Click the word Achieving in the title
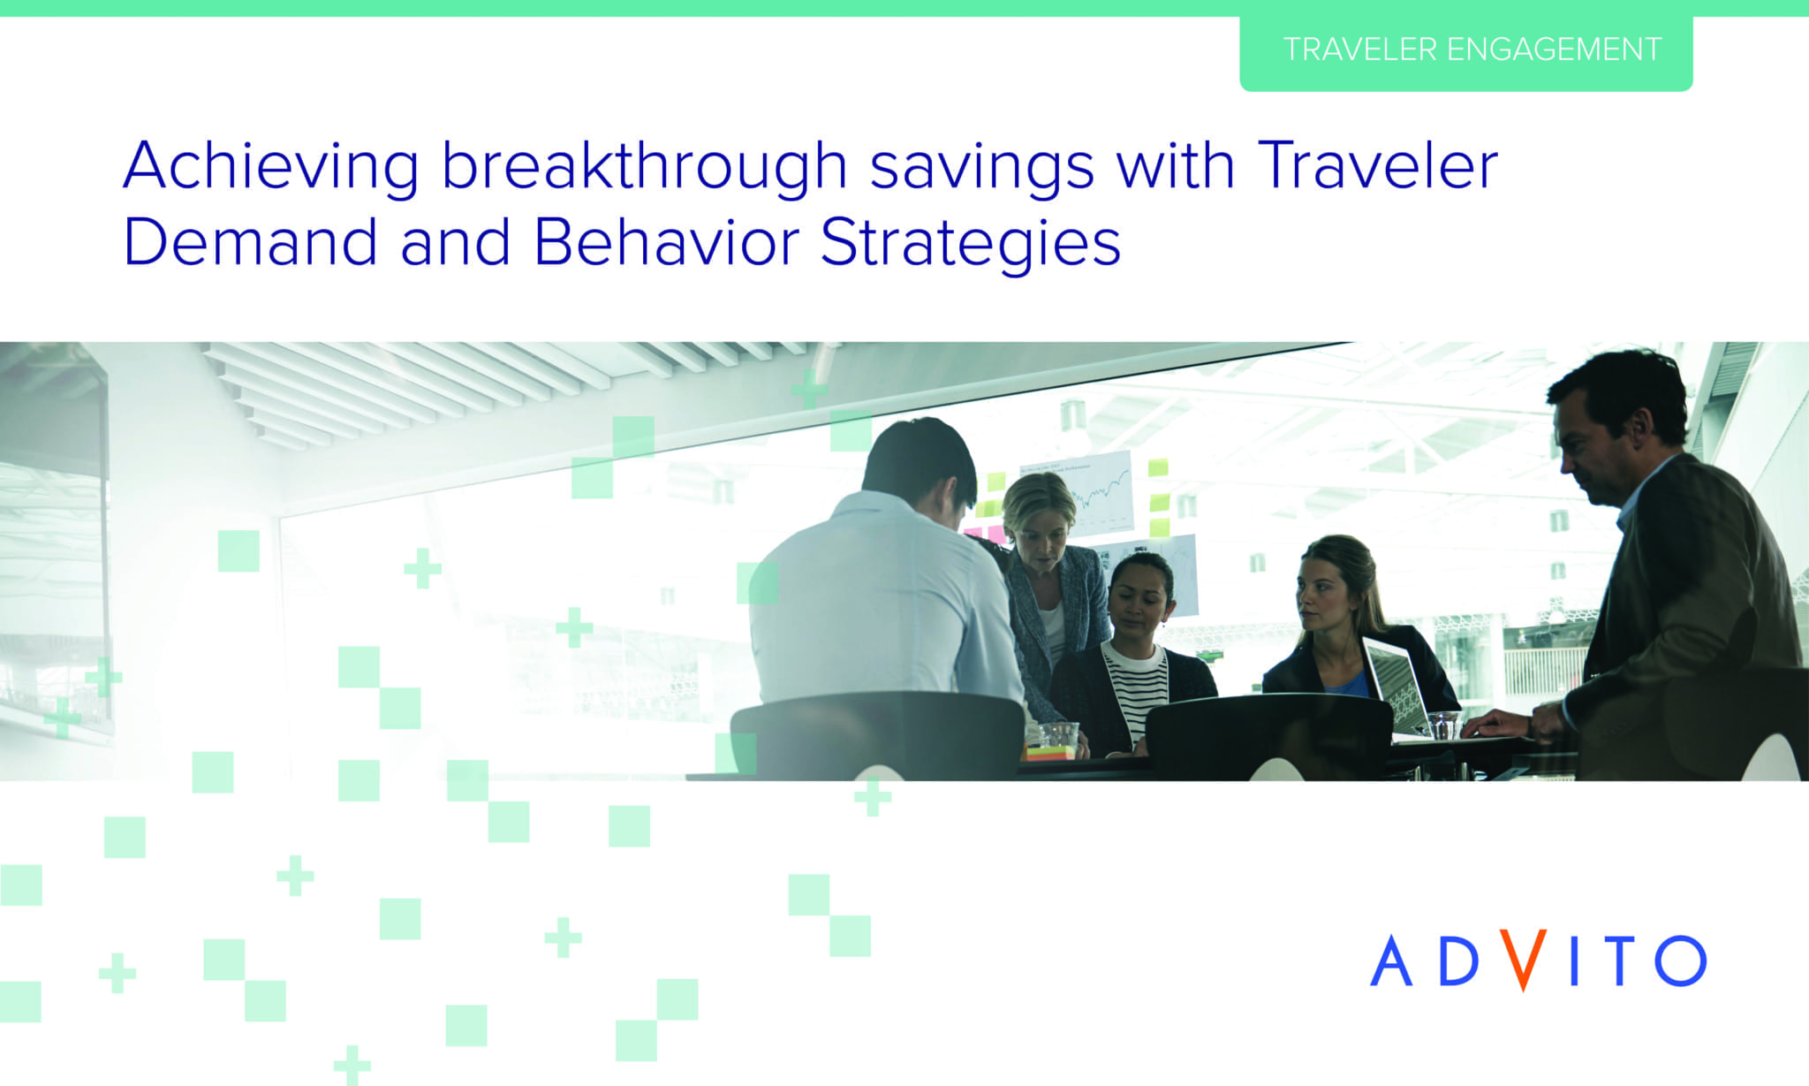tap(271, 165)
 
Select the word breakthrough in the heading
tap(645, 165)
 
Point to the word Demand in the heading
tap(251, 241)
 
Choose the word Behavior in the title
tap(667, 241)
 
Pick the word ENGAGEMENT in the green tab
tap(1554, 49)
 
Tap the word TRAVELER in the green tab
tap(1360, 49)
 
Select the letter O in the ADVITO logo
tap(1680, 961)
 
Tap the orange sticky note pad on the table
tap(1050, 753)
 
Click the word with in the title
tap(1175, 165)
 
